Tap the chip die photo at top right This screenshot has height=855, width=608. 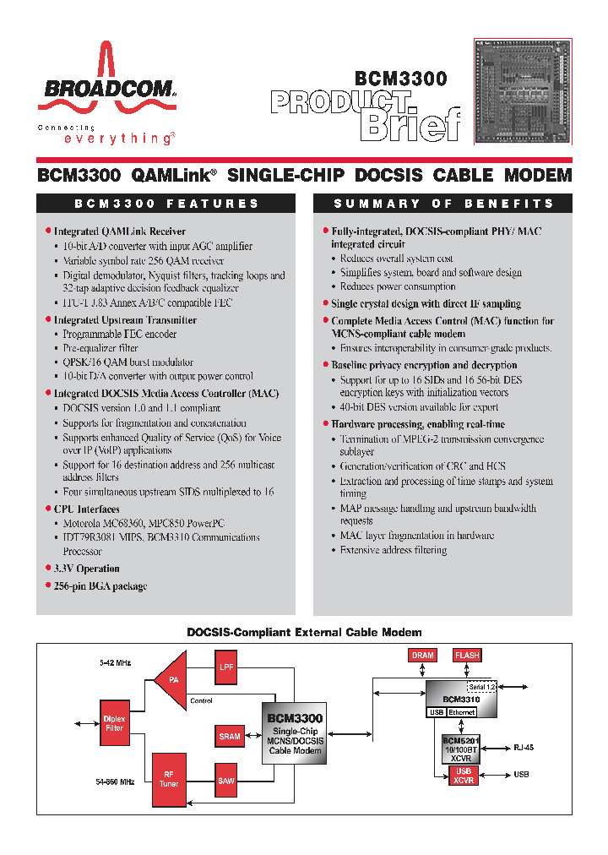[524, 90]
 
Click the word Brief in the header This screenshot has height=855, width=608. [410, 125]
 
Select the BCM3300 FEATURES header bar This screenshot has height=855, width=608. [166, 204]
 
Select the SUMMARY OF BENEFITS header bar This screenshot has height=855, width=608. [443, 204]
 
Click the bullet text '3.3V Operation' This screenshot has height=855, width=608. [86, 569]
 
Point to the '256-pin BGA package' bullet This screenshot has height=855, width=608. [100, 585]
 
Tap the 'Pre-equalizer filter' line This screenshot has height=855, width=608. [100, 348]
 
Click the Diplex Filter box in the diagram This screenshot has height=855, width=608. [114, 723]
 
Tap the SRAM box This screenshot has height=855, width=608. [229, 736]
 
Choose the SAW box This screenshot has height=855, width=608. [227, 781]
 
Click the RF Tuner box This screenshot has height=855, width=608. [169, 779]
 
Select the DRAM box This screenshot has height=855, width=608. [422, 655]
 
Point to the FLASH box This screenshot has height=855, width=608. [466, 655]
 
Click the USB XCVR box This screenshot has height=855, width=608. [463, 775]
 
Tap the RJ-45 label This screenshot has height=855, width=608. [523, 748]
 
